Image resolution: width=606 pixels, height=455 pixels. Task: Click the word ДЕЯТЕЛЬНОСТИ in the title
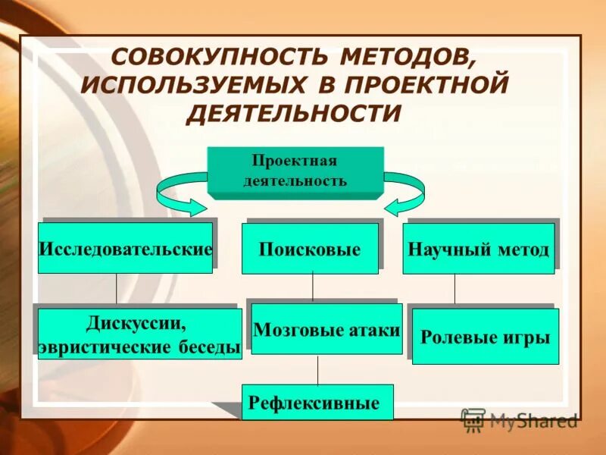pyautogui.click(x=293, y=112)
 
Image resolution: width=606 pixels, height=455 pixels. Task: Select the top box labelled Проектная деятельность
pyautogui.click(x=295, y=171)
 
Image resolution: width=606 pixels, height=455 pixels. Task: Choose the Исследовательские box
pyautogui.click(x=125, y=248)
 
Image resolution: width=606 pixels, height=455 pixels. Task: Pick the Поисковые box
pyautogui.click(x=309, y=249)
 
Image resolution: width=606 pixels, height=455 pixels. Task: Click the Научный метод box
pyautogui.click(x=478, y=249)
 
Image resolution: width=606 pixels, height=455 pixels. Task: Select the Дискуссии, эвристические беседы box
pyautogui.click(x=139, y=334)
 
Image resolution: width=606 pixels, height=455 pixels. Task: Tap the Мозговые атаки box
pyautogui.click(x=326, y=329)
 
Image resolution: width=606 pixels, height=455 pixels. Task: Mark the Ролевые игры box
pyautogui.click(x=485, y=337)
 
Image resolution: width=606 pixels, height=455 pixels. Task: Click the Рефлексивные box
pyautogui.click(x=317, y=403)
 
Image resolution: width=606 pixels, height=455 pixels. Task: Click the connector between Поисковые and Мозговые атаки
pyautogui.click(x=313, y=288)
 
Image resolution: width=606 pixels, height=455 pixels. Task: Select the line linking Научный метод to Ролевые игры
pyautogui.click(x=454, y=290)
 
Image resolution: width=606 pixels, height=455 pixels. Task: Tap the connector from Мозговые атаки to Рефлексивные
pyautogui.click(x=317, y=369)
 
